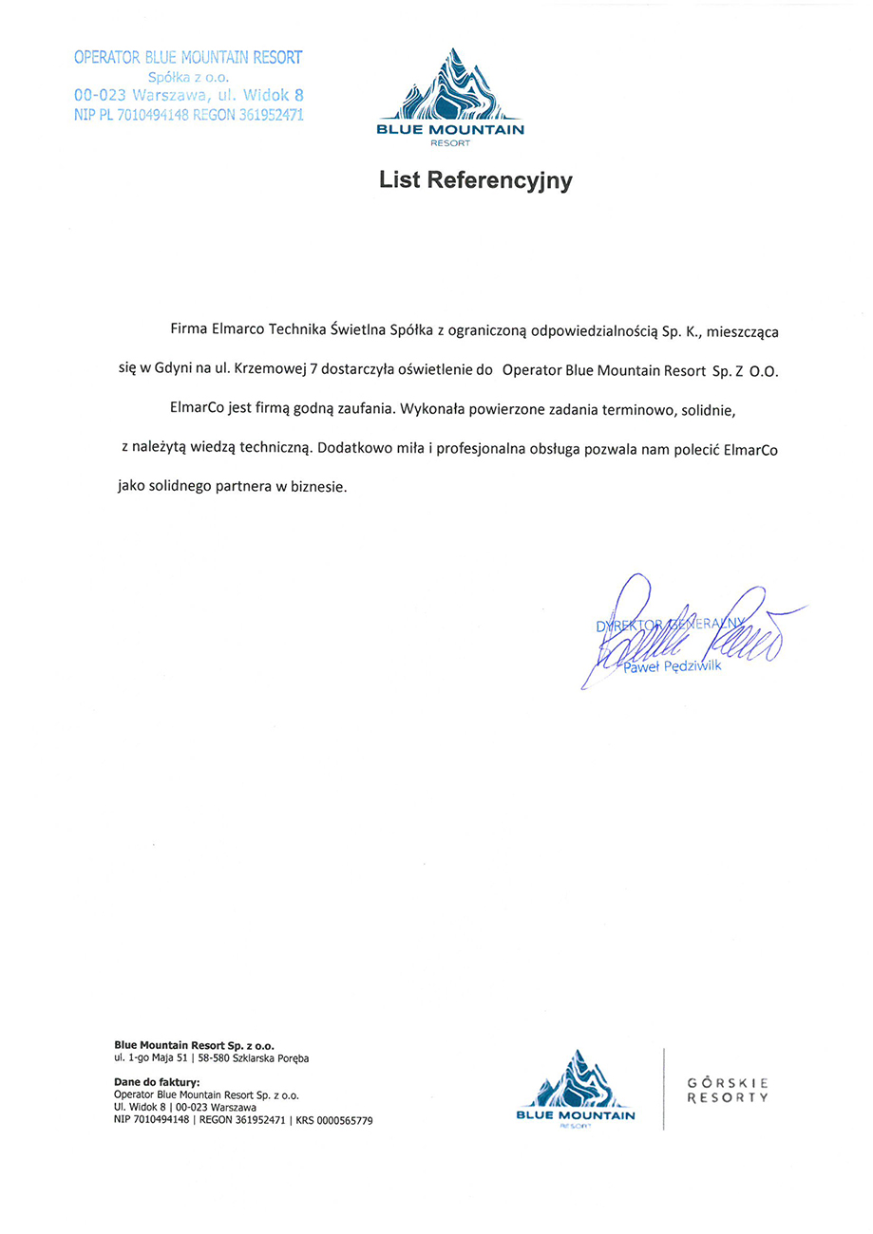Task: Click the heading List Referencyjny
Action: click(476, 179)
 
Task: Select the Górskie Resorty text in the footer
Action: click(727, 1089)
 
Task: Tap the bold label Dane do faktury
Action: click(157, 1082)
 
